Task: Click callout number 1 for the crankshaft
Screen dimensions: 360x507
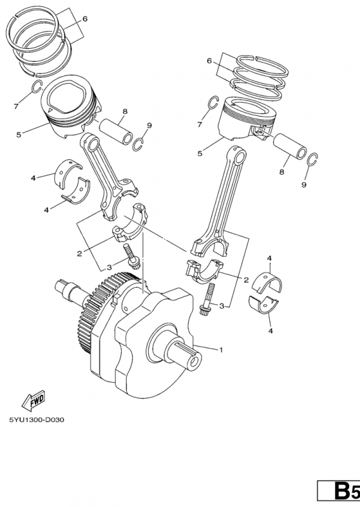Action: (221, 350)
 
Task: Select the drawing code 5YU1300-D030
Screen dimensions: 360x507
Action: (37, 420)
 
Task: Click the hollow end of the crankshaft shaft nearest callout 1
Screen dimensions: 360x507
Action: (195, 361)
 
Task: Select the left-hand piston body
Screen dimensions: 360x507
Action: (71, 107)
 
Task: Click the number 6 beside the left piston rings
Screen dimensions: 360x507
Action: (85, 19)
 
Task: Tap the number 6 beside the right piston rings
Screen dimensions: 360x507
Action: (209, 61)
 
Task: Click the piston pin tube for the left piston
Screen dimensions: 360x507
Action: (115, 132)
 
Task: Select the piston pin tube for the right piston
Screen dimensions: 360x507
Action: (290, 146)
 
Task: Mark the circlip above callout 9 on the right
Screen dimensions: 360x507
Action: (312, 160)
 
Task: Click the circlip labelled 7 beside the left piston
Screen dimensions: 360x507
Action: (37, 87)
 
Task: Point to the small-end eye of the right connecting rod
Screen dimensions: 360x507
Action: (240, 157)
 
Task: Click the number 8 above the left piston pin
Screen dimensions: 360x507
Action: (125, 112)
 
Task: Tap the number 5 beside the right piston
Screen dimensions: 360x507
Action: (200, 153)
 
